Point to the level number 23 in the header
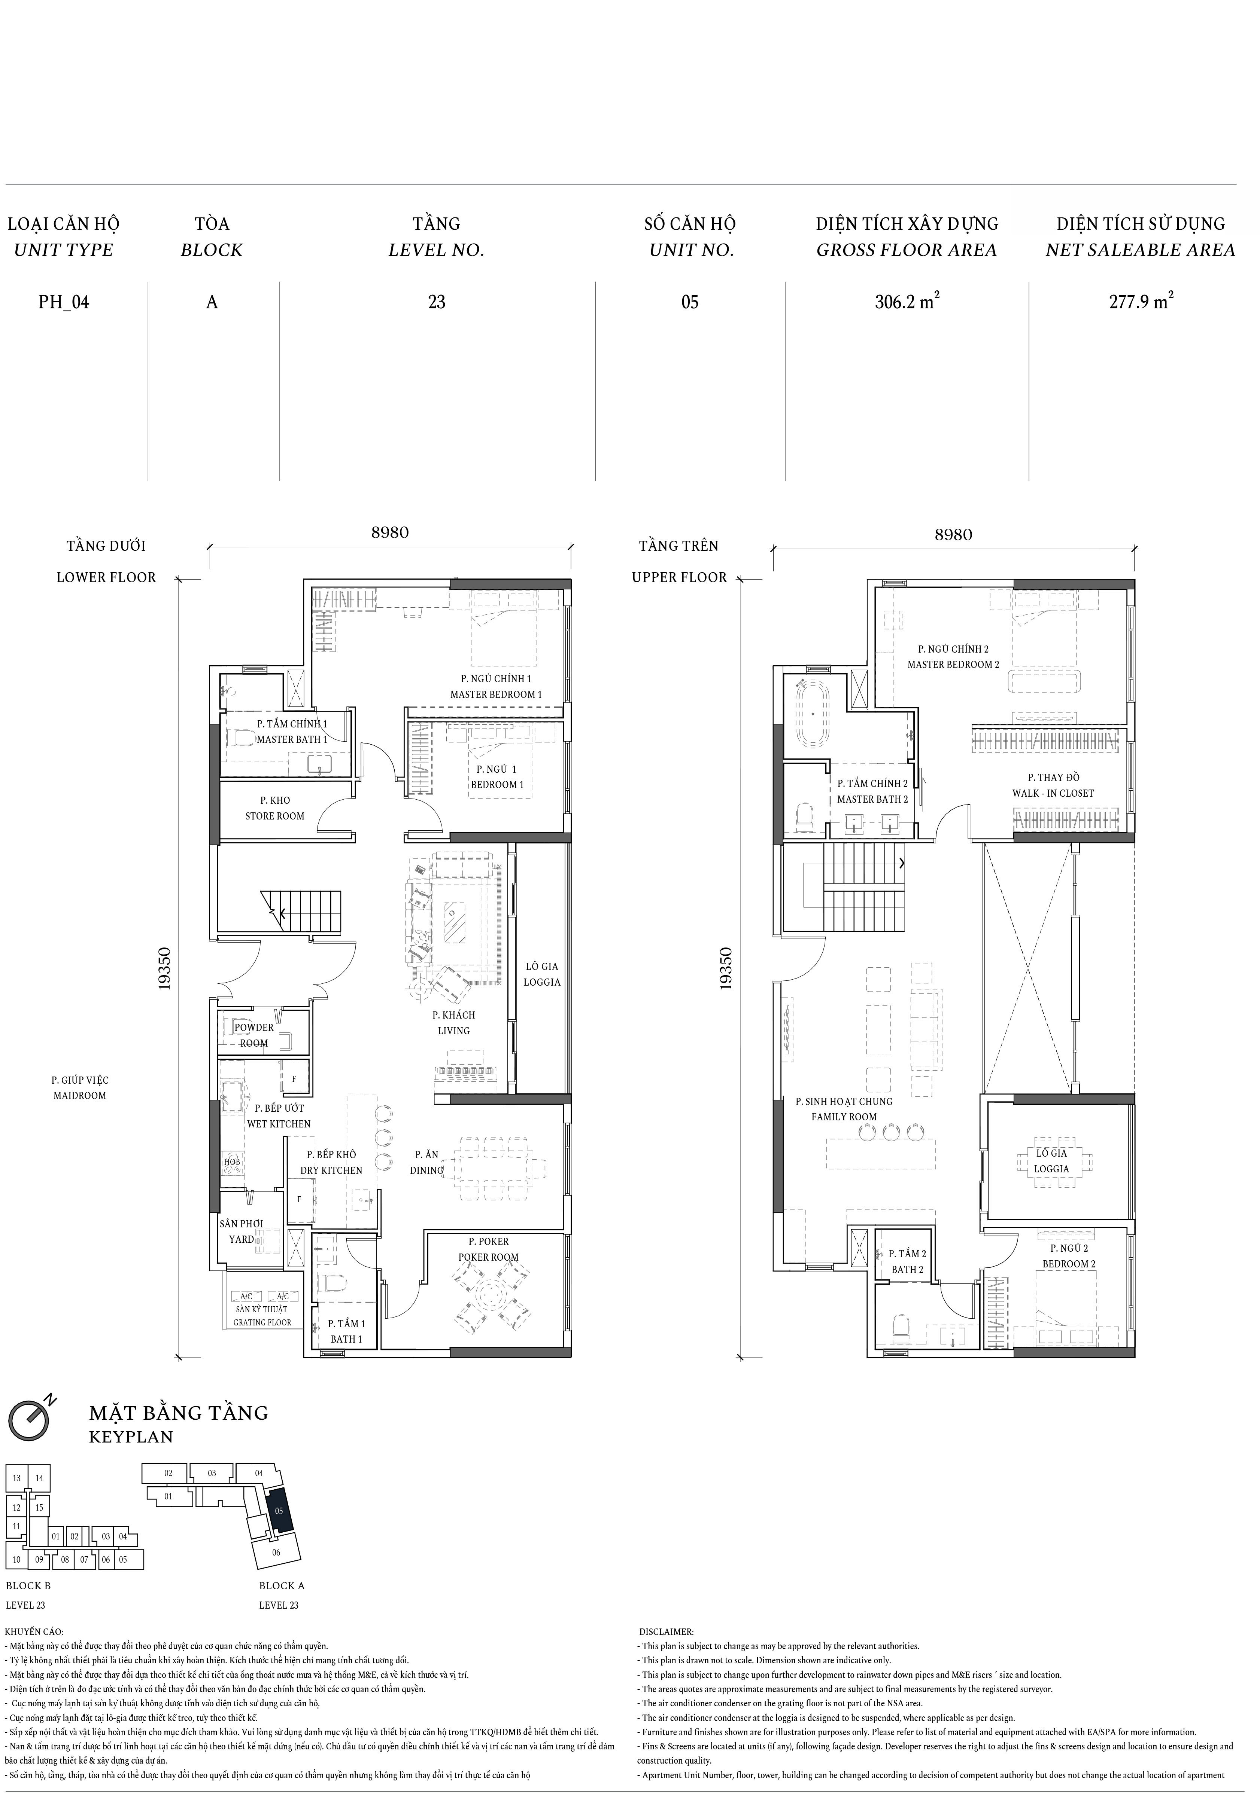[437, 302]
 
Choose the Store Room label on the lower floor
[274, 808]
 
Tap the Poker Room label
[489, 1249]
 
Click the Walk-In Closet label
[1053, 785]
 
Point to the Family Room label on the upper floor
[844, 1109]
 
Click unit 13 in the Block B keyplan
[16, 1478]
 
